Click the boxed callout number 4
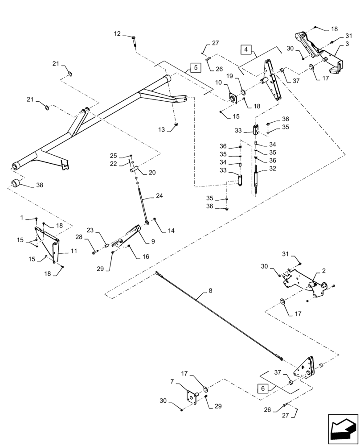coord(247,50)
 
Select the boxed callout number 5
coord(195,68)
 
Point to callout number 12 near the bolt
coord(117,33)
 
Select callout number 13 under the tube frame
coord(161,129)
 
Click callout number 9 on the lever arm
coord(153,241)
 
